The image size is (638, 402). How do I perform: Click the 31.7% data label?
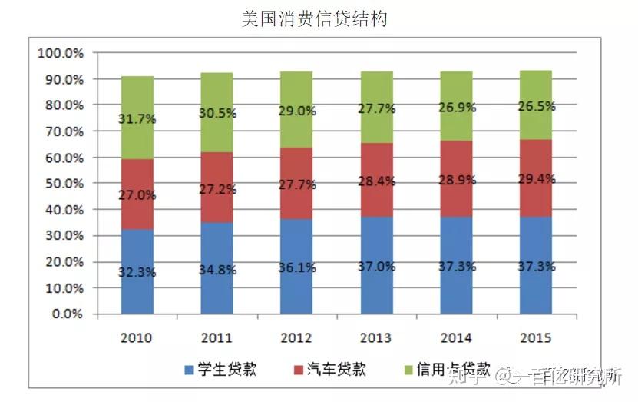137,119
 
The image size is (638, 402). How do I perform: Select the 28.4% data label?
376,181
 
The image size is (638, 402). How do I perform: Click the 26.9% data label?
457,108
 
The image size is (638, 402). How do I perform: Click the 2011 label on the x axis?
216,338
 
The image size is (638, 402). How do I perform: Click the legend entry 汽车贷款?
326,370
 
